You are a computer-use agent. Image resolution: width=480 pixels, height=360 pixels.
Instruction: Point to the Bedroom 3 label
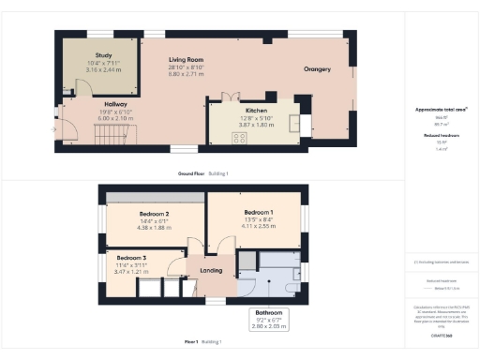131,257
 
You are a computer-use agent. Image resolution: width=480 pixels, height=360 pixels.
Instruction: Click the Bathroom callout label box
267,319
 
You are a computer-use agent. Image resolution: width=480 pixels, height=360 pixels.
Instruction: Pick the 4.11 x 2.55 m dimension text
258,227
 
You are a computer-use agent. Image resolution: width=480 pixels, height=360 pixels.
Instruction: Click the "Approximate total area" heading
441,110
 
